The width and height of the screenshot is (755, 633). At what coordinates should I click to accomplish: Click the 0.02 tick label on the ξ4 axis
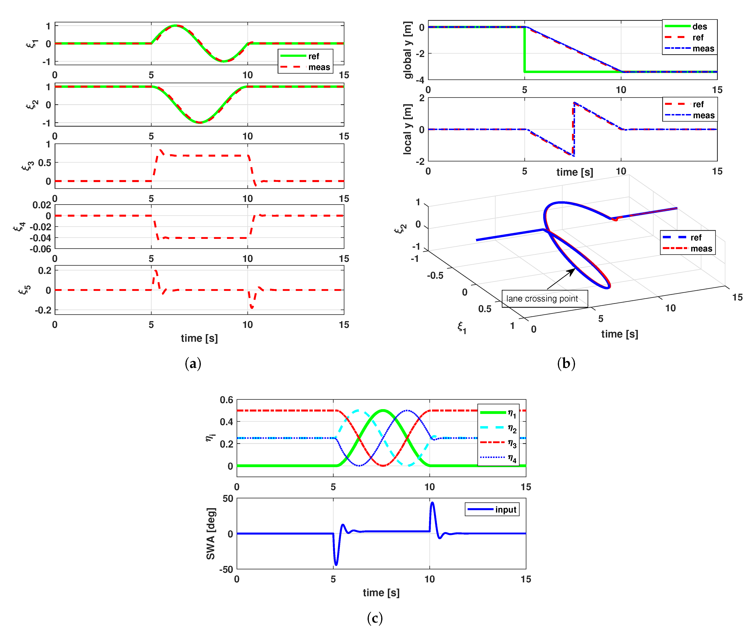42,205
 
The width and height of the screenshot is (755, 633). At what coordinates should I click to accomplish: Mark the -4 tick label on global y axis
420,80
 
